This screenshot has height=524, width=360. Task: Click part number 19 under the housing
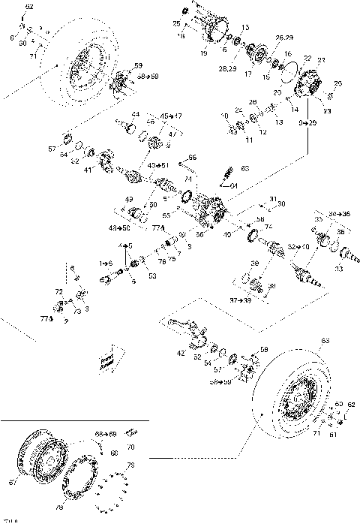coord(204,54)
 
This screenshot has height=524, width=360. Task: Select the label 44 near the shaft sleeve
coord(135,114)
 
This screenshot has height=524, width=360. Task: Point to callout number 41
coord(88,170)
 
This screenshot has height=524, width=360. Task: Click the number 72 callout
coord(58,291)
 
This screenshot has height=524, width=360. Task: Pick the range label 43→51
coord(157,165)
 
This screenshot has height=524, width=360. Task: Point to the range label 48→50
coord(121,227)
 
